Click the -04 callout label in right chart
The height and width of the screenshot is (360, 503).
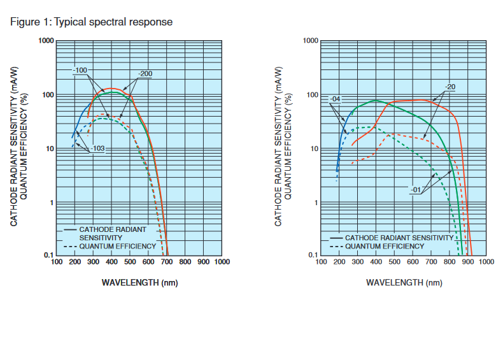(336, 99)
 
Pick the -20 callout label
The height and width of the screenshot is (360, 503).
(450, 87)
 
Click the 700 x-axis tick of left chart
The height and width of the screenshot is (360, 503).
(166, 261)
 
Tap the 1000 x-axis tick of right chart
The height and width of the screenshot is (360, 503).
(486, 261)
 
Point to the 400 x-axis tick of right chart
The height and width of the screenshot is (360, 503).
(376, 261)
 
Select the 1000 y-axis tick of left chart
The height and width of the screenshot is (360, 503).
(45, 41)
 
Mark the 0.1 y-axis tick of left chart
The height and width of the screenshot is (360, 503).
(48, 256)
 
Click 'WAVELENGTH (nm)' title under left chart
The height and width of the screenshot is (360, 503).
(139, 282)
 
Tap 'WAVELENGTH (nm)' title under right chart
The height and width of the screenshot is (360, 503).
(404, 282)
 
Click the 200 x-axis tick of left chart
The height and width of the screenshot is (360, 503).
(74, 261)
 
